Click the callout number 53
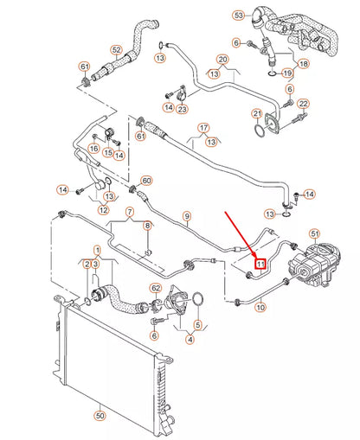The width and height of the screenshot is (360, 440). (239, 16)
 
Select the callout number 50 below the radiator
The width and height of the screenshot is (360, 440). (100, 416)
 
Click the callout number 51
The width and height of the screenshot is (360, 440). (314, 233)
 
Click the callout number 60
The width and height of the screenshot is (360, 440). (146, 181)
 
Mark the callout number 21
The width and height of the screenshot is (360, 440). (256, 113)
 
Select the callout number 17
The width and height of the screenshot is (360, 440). (203, 128)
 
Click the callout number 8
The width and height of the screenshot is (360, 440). (147, 226)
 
